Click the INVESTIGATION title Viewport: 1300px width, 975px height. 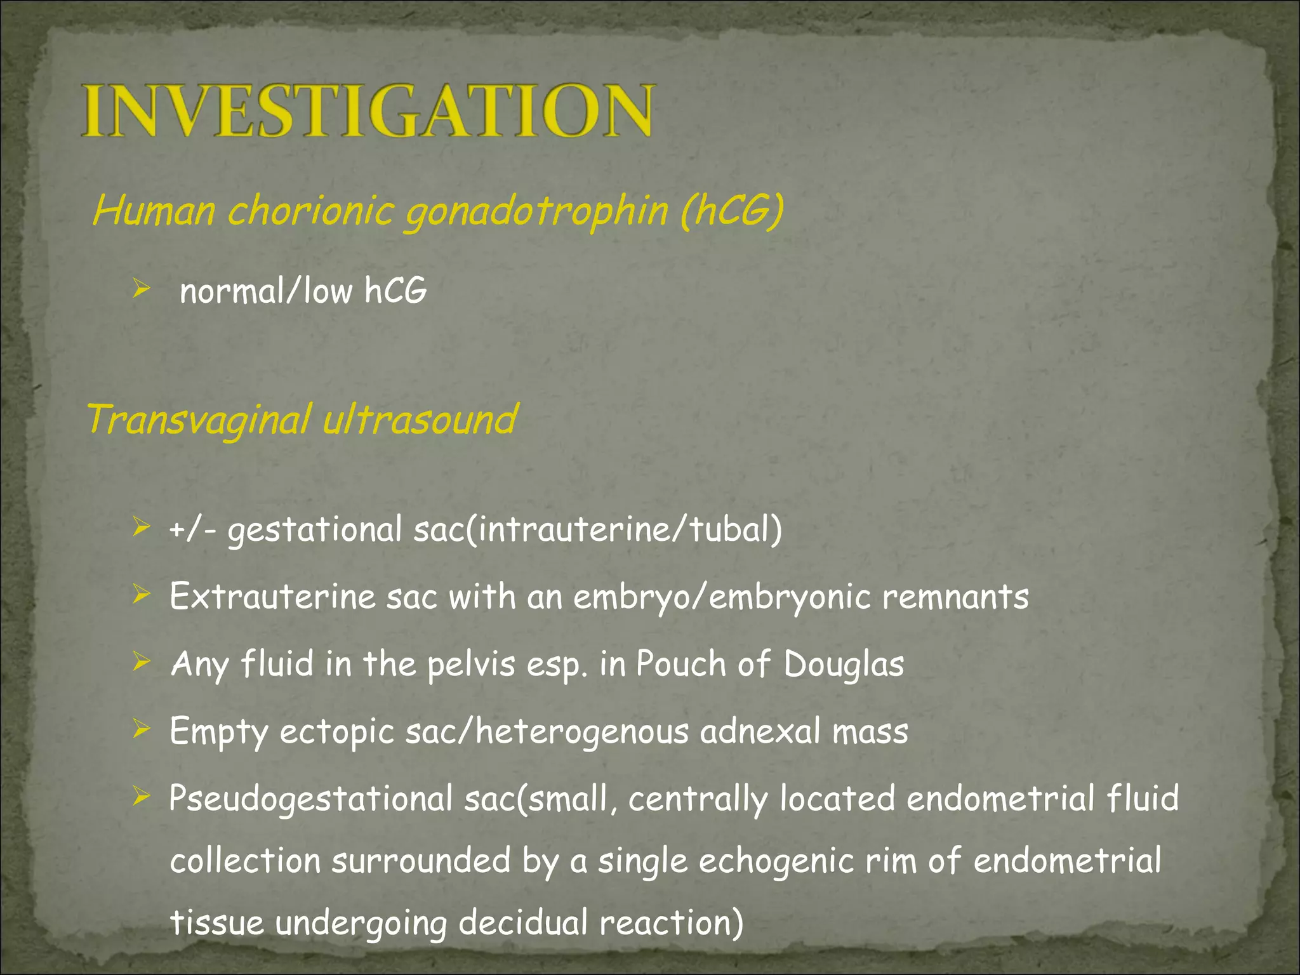(367, 111)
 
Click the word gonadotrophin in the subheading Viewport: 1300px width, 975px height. (537, 211)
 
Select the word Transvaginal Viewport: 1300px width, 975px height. (199, 420)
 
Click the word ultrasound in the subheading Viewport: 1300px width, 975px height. (420, 420)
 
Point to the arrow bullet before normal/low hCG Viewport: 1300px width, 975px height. (141, 289)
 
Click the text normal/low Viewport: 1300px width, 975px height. (266, 291)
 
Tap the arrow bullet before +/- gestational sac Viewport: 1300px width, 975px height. (141, 526)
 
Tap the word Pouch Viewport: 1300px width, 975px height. (681, 664)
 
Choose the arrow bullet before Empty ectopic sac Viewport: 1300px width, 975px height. (141, 729)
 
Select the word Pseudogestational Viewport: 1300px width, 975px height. (310, 799)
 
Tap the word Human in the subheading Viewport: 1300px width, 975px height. (154, 211)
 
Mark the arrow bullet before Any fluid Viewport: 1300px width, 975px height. (141, 662)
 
